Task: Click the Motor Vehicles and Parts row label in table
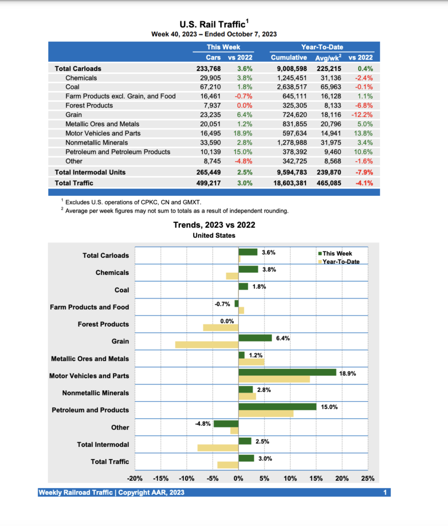pyautogui.click(x=104, y=133)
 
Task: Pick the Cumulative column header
pyautogui.click(x=289, y=58)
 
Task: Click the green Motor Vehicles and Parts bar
pyautogui.click(x=287, y=372)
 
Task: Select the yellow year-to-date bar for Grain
pyautogui.click(x=207, y=345)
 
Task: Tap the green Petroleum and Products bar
pyautogui.click(x=277, y=406)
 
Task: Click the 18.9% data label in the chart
pyautogui.click(x=348, y=373)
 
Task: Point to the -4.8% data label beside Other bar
pyautogui.click(x=202, y=424)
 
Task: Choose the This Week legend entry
pyautogui.click(x=337, y=253)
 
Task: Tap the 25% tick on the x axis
pyautogui.click(x=368, y=479)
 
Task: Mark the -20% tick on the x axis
pyautogui.click(x=135, y=479)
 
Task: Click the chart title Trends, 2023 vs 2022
pyautogui.click(x=214, y=225)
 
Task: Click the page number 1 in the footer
pyautogui.click(x=385, y=493)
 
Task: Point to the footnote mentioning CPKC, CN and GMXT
pyautogui.click(x=134, y=202)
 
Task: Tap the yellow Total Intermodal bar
pyautogui.click(x=218, y=448)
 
